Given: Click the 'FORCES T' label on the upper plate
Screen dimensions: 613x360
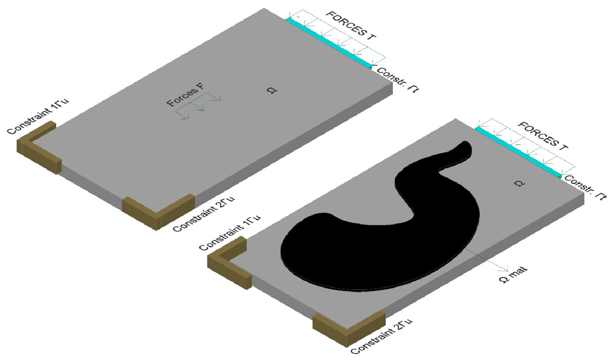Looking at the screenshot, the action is click(x=352, y=26).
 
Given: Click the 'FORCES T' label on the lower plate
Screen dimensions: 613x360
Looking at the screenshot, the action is click(x=543, y=136).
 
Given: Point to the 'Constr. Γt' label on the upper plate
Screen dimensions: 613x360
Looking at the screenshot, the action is click(x=397, y=80).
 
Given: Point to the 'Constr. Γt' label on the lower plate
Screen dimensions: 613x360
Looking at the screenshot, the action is click(x=585, y=187).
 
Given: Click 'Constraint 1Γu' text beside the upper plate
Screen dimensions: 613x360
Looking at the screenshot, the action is click(x=38, y=116).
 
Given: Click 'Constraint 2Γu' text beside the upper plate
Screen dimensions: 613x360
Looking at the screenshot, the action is click(x=204, y=213).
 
